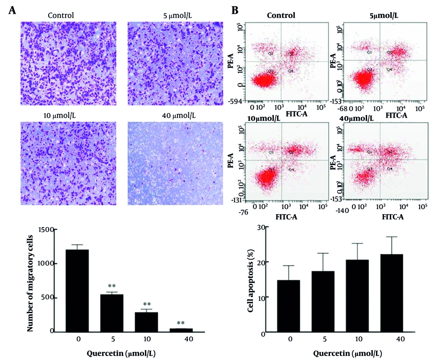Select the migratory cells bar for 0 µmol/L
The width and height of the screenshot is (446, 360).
pos(77,290)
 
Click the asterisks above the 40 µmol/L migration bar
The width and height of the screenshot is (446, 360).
pos(181,323)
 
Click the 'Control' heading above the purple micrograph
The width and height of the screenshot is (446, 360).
pos(61,16)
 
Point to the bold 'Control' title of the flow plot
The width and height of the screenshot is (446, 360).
pos(281,16)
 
